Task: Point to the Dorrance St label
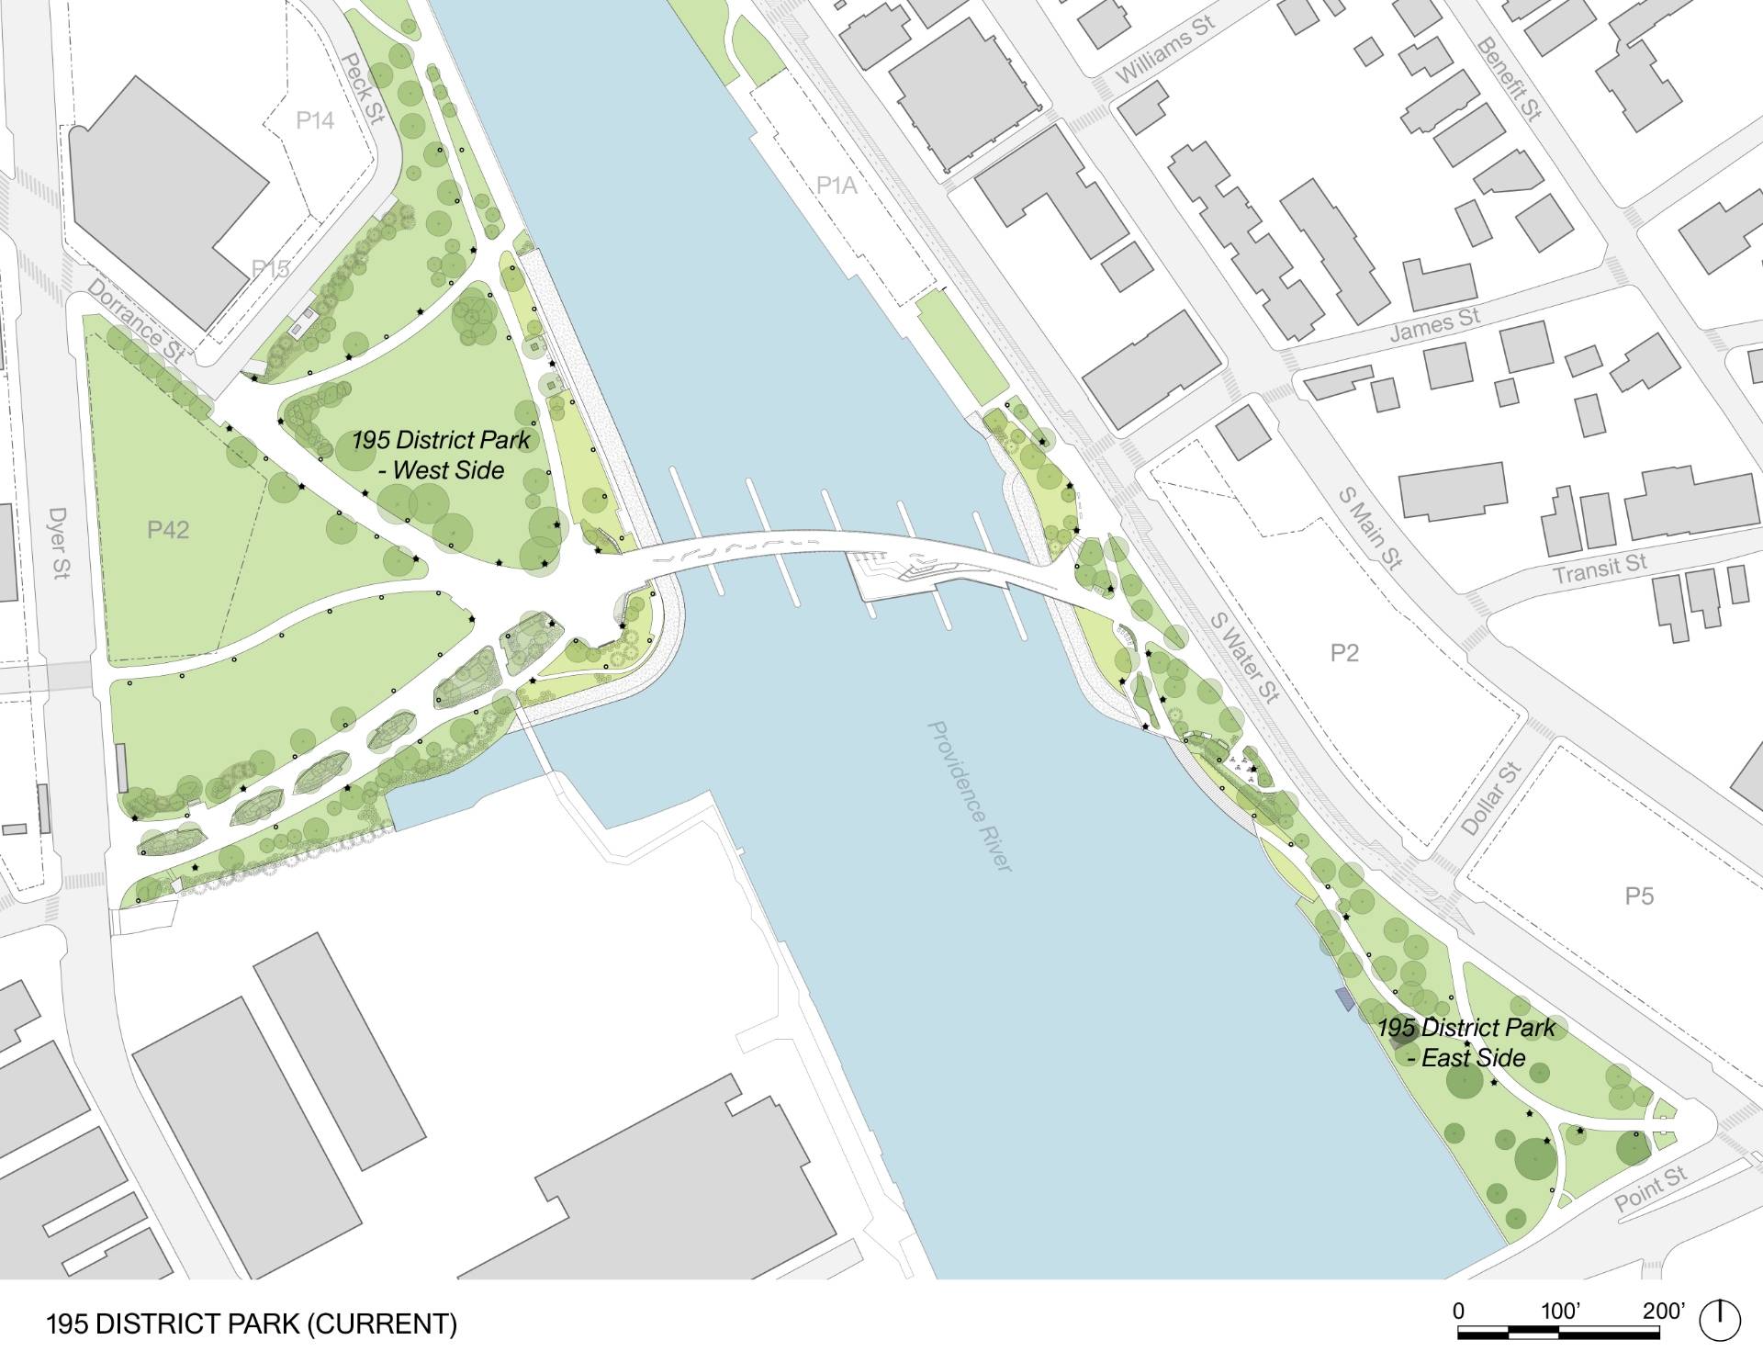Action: point(137,319)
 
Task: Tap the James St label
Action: point(1434,325)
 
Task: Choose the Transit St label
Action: point(1600,569)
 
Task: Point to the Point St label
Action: point(1650,1189)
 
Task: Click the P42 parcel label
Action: point(168,529)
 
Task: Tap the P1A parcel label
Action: point(837,186)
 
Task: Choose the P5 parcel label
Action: point(1639,895)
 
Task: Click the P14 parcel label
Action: point(315,120)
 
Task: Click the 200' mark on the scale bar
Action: point(1664,1311)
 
